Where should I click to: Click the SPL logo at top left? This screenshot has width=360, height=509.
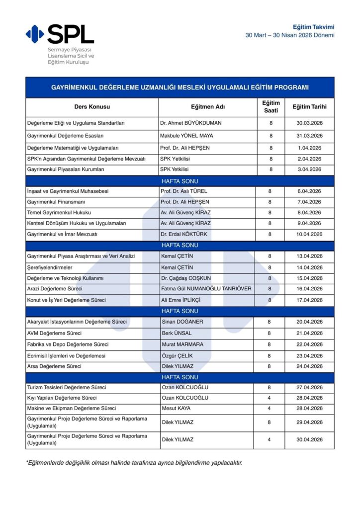(x=60, y=34)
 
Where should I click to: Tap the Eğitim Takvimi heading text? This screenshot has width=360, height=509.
(x=313, y=26)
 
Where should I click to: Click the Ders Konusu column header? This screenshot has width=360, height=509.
(x=92, y=107)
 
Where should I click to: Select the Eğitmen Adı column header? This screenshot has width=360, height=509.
(x=207, y=107)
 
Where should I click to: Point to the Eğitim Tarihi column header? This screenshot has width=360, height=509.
(x=309, y=107)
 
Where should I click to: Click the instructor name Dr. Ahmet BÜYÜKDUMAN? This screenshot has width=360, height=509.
(x=191, y=123)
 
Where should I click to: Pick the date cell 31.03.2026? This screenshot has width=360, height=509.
(x=309, y=136)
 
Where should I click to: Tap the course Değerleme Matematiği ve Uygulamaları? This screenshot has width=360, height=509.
(x=73, y=148)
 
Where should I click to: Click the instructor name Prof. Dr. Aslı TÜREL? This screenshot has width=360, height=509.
(x=184, y=191)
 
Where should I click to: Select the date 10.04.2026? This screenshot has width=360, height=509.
(x=309, y=234)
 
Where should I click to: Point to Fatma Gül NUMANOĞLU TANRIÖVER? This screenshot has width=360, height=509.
(x=206, y=289)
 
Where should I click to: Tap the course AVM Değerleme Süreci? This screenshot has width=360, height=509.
(x=54, y=333)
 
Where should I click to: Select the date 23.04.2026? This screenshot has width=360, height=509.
(x=309, y=356)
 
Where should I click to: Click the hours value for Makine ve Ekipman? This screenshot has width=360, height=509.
(x=270, y=409)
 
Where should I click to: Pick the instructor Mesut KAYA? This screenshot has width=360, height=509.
(x=176, y=409)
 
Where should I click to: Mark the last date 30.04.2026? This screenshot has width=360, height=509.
(x=309, y=439)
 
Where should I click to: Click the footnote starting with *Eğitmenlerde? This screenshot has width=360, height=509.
(x=134, y=463)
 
